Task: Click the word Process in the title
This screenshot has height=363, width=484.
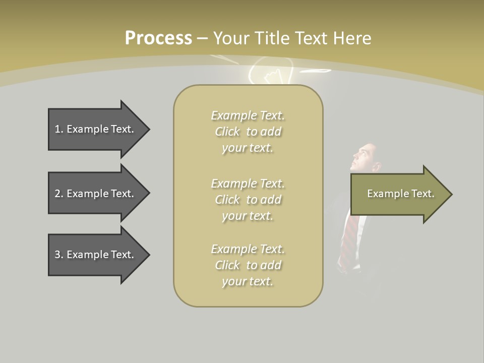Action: [x=158, y=38]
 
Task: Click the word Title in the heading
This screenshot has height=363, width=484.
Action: [x=272, y=38]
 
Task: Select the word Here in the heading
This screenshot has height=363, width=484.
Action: [x=352, y=38]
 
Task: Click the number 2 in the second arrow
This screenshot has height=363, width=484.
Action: [x=57, y=194]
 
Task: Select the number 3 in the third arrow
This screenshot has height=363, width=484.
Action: [x=57, y=255]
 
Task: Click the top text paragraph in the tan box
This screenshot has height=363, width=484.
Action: [x=248, y=132]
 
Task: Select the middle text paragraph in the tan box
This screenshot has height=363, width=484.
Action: [x=248, y=200]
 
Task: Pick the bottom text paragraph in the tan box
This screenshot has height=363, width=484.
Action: [x=248, y=265]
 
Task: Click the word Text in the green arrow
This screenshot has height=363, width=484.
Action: [x=423, y=194]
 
